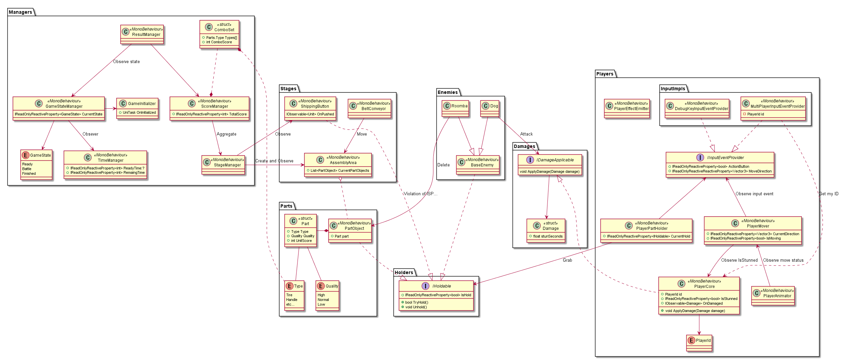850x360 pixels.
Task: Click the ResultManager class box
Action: pyautogui.click(x=142, y=34)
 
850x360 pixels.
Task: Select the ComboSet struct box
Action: pyautogui.click(x=219, y=34)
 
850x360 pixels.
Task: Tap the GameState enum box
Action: pyautogui.click(x=36, y=164)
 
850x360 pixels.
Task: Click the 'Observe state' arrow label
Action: pyautogui.click(x=126, y=62)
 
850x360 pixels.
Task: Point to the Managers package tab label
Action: pyautogui.click(x=20, y=12)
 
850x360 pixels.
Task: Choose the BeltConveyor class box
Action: pyautogui.click(x=369, y=109)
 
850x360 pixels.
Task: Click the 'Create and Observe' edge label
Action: pyautogui.click(x=274, y=161)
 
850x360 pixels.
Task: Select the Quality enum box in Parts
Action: pyautogui.click(x=327, y=295)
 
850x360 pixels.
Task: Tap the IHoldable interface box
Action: pyautogui.click(x=436, y=295)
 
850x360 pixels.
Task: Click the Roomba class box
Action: pyautogui.click(x=455, y=108)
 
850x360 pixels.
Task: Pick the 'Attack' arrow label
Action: pyautogui.click(x=526, y=134)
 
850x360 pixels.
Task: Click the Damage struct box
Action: pyautogui.click(x=546, y=230)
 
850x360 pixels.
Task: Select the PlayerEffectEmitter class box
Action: pyautogui.click(x=627, y=108)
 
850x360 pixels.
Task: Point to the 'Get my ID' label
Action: pyautogui.click(x=829, y=194)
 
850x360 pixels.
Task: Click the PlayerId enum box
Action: pyautogui.click(x=699, y=343)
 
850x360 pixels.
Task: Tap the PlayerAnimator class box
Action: pyautogui.click(x=773, y=296)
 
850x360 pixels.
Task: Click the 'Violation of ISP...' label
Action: pyautogui.click(x=421, y=194)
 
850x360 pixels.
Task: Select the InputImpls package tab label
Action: pyautogui.click(x=673, y=89)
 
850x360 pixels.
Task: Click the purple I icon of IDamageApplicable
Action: pyautogui.click(x=530, y=160)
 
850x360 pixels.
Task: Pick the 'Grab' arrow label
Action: pyautogui.click(x=568, y=260)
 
